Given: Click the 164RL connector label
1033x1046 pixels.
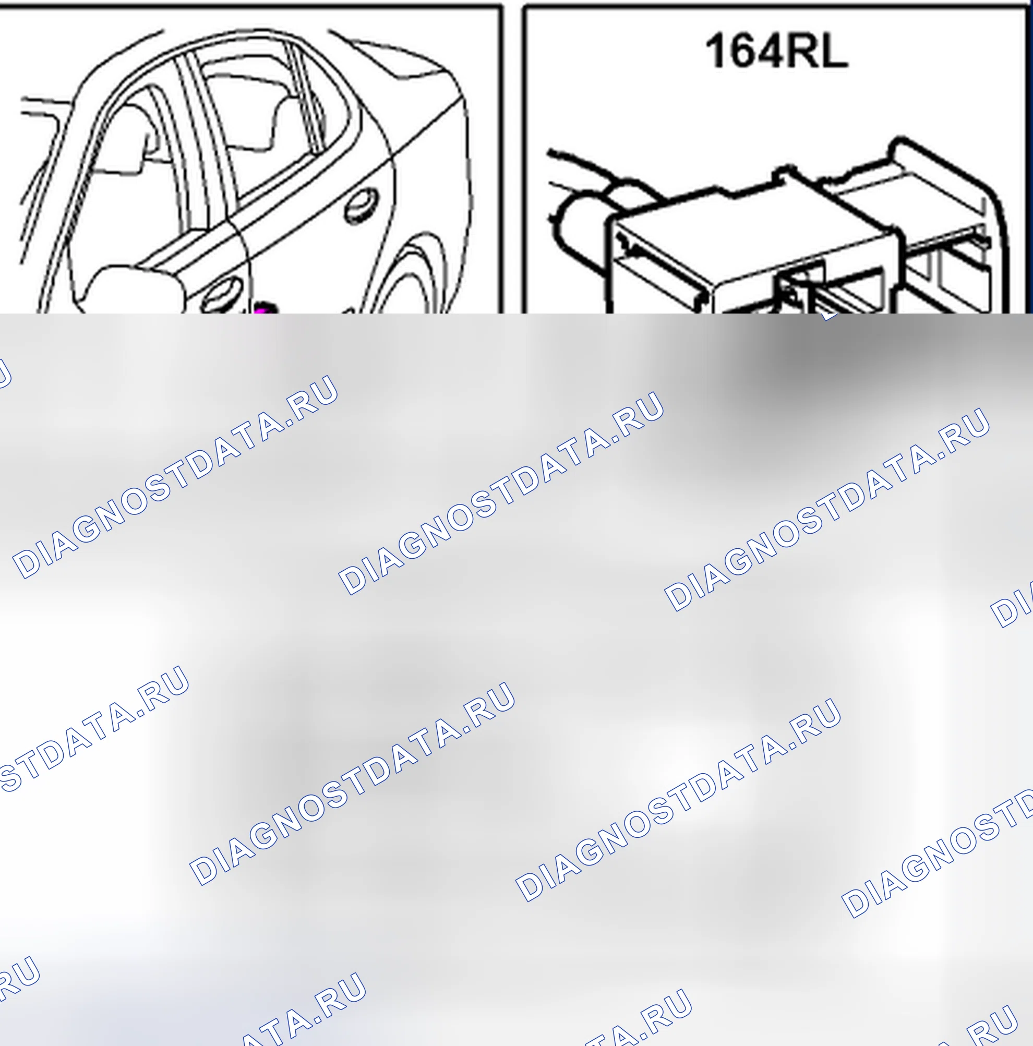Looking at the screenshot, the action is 776,51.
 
